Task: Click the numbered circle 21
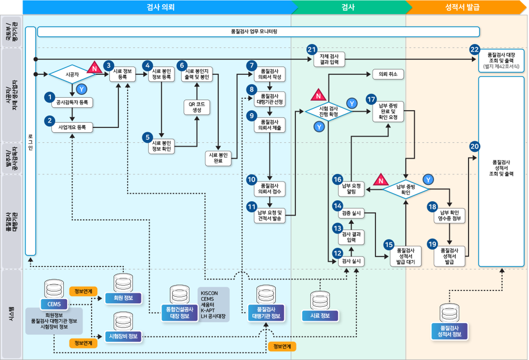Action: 312,50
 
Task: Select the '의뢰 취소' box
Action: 388,74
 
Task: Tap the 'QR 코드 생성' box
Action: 197,107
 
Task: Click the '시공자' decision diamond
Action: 72,74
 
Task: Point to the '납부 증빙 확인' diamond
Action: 406,189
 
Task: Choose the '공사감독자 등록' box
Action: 72,102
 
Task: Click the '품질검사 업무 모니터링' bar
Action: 258,32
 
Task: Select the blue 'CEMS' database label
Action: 54,304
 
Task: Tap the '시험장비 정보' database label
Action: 123,336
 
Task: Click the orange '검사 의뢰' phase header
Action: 160,7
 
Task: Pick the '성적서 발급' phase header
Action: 462,7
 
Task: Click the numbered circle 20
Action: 474,146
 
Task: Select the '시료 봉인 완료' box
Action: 218,158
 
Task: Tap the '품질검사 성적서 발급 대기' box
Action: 406,257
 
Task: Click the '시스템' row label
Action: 11,314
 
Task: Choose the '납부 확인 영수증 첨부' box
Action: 449,216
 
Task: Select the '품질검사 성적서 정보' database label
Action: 449,331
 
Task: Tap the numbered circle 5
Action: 148,137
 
